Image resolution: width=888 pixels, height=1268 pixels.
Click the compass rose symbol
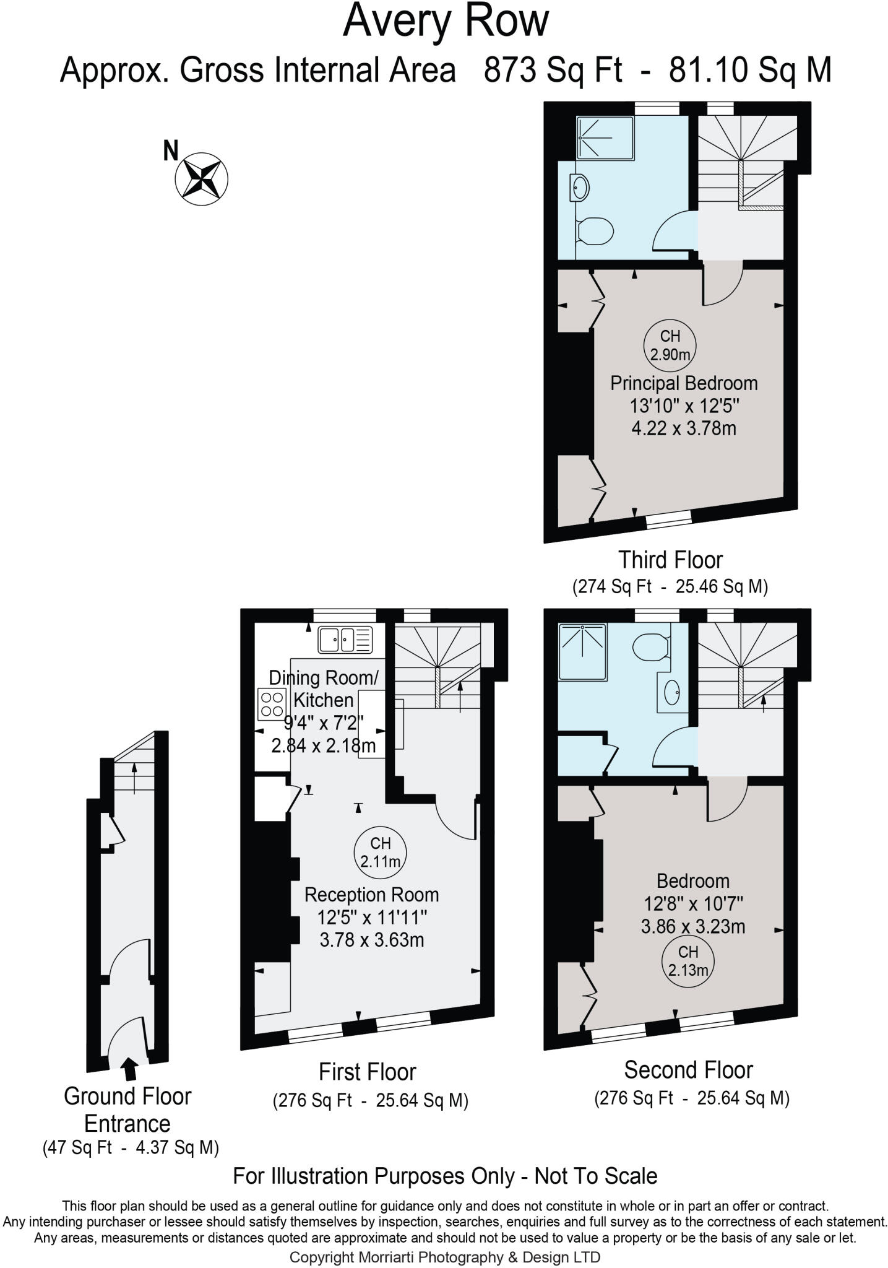pyautogui.click(x=202, y=178)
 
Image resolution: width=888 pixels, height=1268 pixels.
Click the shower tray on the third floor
pyautogui.click(x=605, y=138)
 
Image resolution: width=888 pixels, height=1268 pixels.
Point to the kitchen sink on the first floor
pyautogui.click(x=345, y=640)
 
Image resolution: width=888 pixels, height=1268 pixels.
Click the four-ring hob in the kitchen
pyautogui.click(x=272, y=705)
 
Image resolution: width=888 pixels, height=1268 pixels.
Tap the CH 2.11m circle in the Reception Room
pyautogui.click(x=380, y=851)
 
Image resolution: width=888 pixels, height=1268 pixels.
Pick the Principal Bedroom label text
pyautogui.click(x=684, y=383)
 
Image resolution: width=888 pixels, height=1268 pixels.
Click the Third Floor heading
pyautogui.click(x=671, y=560)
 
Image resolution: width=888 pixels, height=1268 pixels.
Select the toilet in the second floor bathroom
pyautogui.click(x=651, y=647)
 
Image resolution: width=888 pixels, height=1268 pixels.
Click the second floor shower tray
pyautogui.click(x=582, y=651)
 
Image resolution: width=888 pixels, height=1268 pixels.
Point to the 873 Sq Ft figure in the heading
pyautogui.click(x=553, y=70)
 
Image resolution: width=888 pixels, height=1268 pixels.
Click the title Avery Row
pyautogui.click(x=446, y=21)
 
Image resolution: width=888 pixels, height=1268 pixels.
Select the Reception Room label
pyautogui.click(x=371, y=895)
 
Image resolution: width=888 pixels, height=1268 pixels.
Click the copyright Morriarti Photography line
pyautogui.click(x=444, y=1257)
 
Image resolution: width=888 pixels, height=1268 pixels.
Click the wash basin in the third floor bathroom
pyautogui.click(x=580, y=188)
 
